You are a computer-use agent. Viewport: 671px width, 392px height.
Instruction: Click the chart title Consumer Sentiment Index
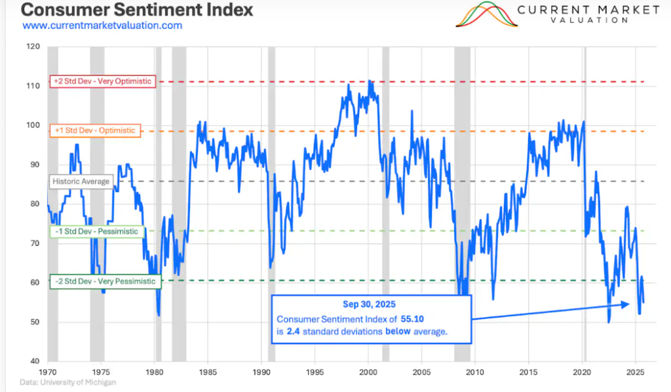128,10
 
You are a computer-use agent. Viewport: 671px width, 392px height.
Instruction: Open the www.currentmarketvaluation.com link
102,26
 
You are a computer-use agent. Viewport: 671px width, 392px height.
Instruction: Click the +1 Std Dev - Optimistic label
94,130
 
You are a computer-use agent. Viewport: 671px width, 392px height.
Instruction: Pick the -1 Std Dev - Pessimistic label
97,231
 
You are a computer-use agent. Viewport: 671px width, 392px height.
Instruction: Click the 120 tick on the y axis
34,47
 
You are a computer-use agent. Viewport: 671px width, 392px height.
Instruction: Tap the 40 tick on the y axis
36,361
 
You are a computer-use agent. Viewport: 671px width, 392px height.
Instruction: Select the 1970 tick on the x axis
48,372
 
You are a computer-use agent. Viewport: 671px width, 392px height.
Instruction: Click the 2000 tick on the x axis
368,372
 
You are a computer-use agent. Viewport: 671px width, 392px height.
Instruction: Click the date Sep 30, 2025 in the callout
370,305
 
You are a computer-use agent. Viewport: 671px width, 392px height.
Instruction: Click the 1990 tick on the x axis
261,372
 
